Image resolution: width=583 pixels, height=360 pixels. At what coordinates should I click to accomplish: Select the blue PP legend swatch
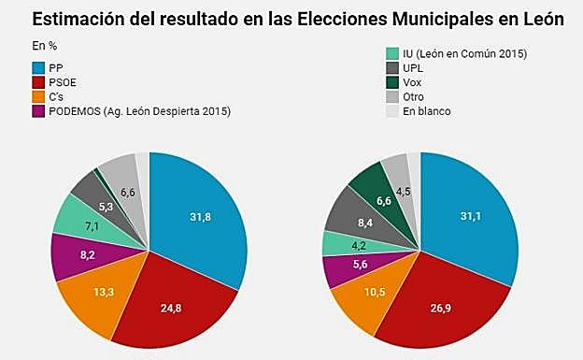[38, 68]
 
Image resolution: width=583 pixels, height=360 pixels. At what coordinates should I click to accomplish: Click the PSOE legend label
[64, 82]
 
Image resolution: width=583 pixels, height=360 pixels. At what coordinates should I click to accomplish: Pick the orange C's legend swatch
[38, 97]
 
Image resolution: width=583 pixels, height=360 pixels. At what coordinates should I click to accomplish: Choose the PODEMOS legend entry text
[139, 111]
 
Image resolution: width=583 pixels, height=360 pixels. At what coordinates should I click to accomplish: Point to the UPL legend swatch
[393, 68]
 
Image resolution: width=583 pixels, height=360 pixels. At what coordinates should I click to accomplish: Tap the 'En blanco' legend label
[429, 111]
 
